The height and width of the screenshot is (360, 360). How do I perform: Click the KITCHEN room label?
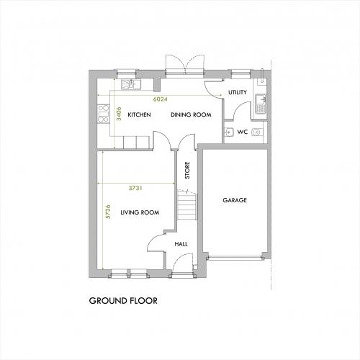coord(139,114)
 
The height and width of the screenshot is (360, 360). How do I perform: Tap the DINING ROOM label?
coord(191,114)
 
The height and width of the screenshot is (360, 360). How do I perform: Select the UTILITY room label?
coord(238,92)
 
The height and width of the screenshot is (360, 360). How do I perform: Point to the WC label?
coord(243,132)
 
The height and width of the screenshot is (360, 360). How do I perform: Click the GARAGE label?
coord(235,200)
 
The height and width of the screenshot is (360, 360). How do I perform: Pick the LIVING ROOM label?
coord(140,212)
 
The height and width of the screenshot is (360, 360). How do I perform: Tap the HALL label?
coord(181,244)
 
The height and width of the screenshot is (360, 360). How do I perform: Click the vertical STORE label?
coord(187,170)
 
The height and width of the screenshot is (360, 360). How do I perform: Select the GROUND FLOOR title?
coord(123,301)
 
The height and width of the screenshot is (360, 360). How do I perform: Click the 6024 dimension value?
coord(160,99)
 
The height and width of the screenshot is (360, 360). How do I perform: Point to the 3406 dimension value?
coord(119,114)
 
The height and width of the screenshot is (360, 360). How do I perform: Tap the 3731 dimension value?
coord(135,188)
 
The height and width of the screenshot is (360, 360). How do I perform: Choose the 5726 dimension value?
coord(108,212)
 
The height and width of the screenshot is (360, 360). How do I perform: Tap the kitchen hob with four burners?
coord(104,114)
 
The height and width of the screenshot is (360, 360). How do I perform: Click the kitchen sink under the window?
coord(131,84)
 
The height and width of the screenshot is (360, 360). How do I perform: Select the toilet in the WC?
coord(257,132)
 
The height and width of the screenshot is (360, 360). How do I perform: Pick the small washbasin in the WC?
coord(228,132)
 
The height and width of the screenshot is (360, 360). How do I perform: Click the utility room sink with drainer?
coord(261,104)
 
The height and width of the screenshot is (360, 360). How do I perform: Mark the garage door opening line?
coord(235,258)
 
